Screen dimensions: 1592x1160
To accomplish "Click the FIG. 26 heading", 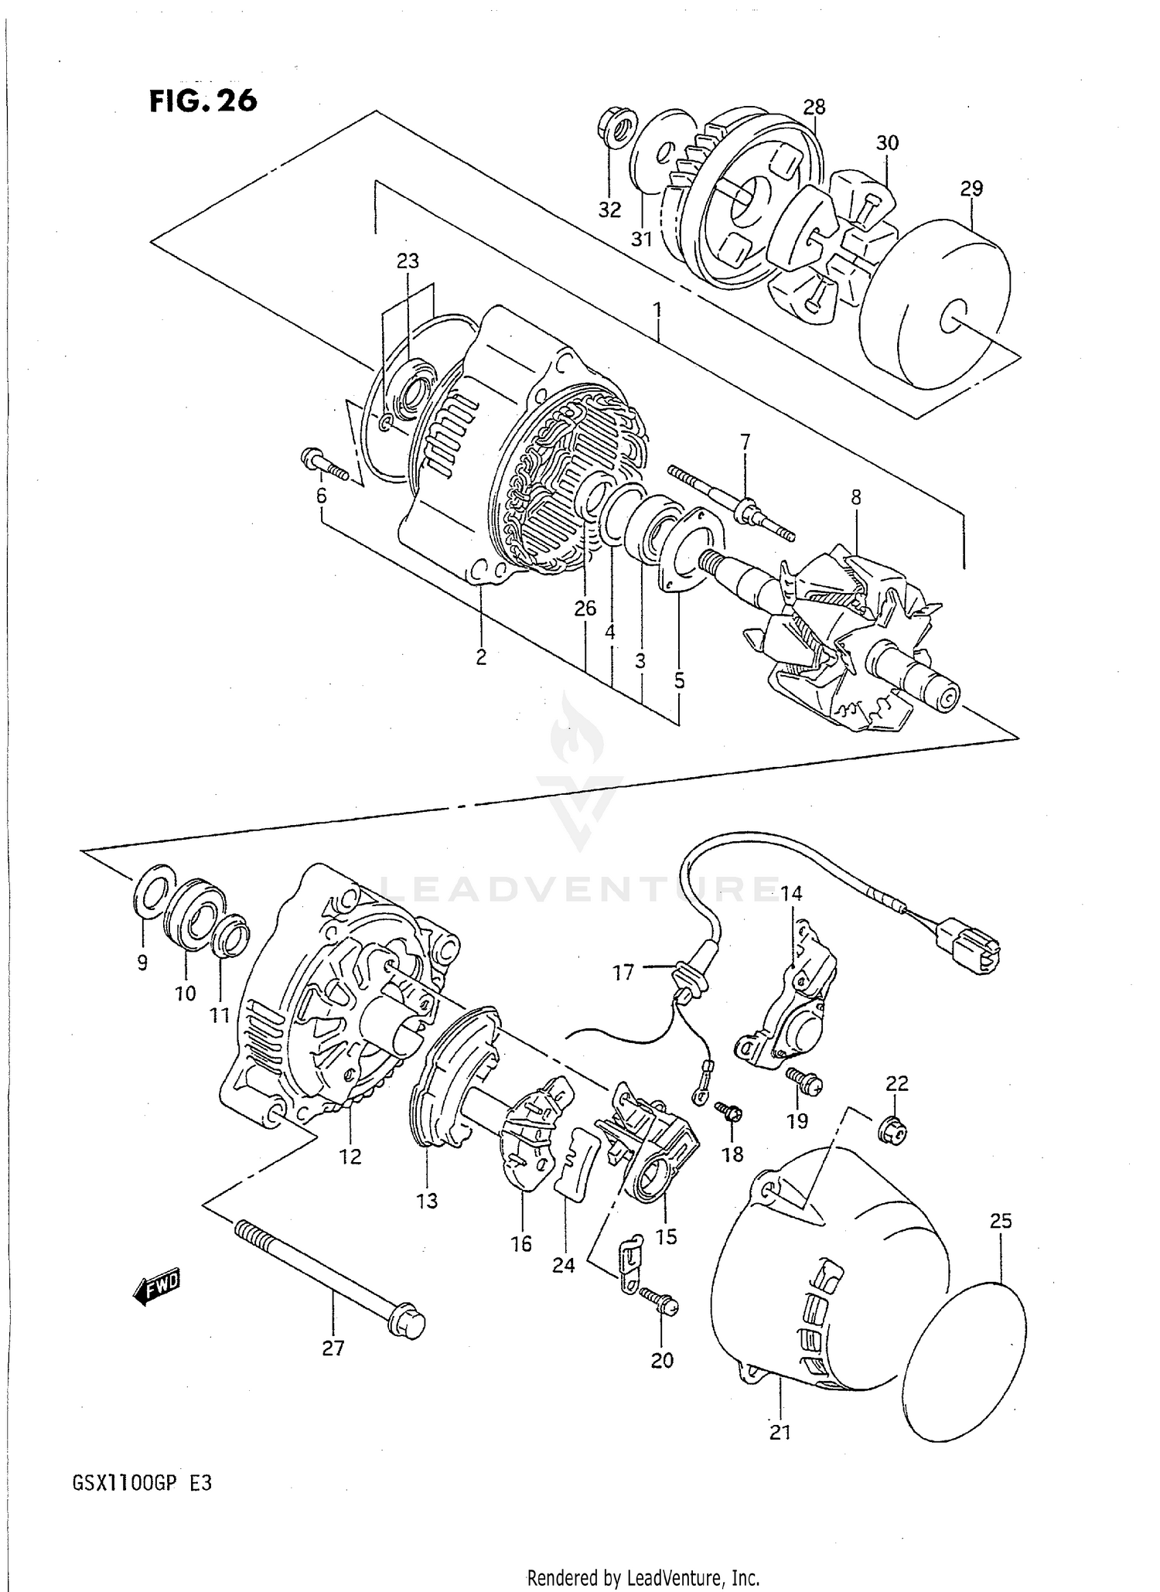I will [x=203, y=101].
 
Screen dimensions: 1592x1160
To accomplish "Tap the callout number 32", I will [x=609, y=210].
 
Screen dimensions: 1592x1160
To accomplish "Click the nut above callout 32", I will [x=616, y=127].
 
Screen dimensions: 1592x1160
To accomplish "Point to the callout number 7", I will [x=745, y=442].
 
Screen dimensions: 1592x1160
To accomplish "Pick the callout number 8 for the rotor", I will [x=856, y=497].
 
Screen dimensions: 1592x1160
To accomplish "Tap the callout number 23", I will [x=408, y=261].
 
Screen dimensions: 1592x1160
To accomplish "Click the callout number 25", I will [x=1000, y=1221].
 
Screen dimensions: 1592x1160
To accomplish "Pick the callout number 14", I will [x=791, y=893].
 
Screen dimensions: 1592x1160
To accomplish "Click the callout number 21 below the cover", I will [x=780, y=1432].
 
